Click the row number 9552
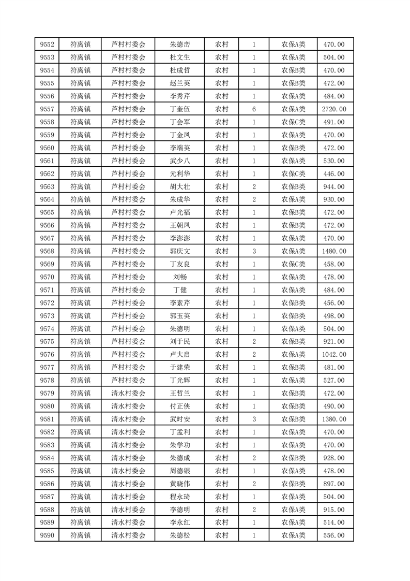[47, 45]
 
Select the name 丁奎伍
[180, 109]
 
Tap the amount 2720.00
[334, 109]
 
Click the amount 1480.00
[334, 251]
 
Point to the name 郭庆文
[180, 251]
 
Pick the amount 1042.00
[334, 355]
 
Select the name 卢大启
[180, 355]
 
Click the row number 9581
[47, 419]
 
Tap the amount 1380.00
[334, 419]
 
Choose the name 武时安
[180, 419]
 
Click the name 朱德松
[180, 535]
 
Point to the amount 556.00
[334, 535]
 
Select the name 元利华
[180, 174]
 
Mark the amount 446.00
[334, 174]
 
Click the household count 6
[254, 109]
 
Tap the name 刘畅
[180, 277]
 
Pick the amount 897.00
[334, 484]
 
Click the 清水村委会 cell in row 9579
[129, 393]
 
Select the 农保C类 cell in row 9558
[293, 122]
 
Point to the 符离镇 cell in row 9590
[80, 535]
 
